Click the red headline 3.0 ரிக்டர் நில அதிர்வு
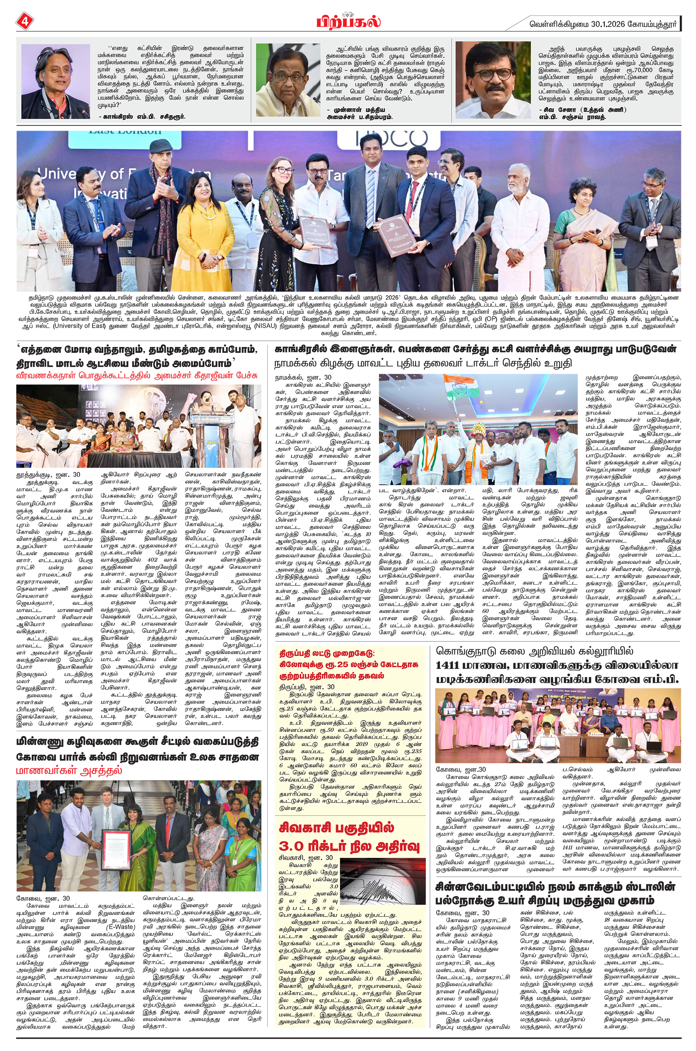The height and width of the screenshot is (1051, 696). pyautogui.click(x=349, y=846)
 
